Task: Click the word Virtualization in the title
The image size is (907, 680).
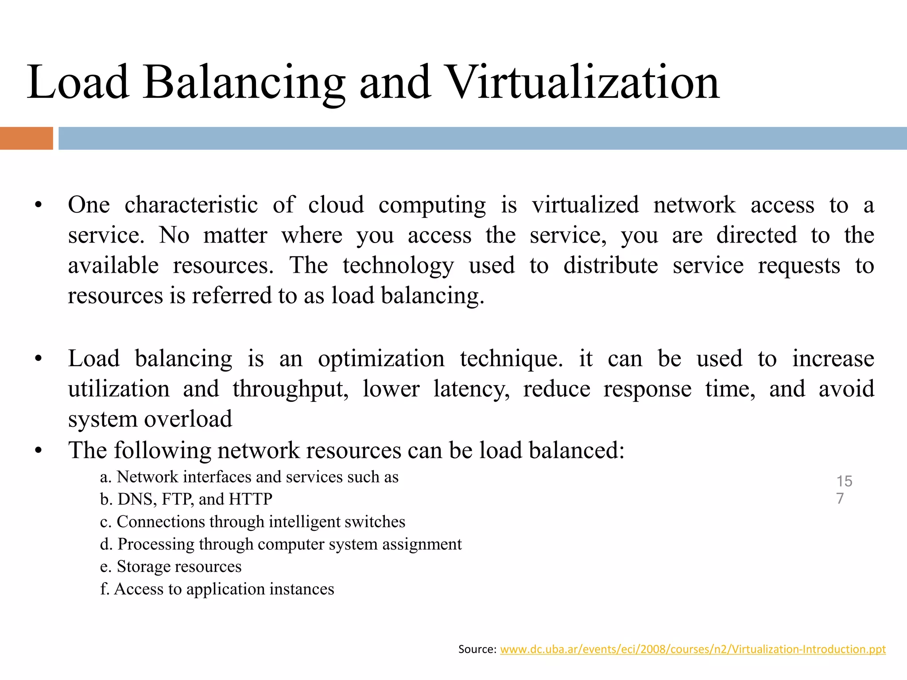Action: click(x=583, y=83)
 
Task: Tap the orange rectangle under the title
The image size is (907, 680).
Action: click(x=26, y=138)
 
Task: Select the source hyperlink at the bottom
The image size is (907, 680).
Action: click(x=693, y=649)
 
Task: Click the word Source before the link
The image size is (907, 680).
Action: click(x=477, y=649)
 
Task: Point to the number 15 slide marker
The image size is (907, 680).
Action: click(x=844, y=481)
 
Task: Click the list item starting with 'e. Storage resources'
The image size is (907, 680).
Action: click(x=171, y=567)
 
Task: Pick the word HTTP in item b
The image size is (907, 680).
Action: click(x=250, y=499)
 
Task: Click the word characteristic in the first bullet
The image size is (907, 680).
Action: click(x=191, y=205)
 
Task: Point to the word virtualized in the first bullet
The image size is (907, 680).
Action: click(x=585, y=205)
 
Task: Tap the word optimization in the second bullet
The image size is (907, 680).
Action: click(x=381, y=359)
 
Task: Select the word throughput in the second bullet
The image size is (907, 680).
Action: click(x=290, y=389)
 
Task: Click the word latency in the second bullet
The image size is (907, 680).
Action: click(x=471, y=389)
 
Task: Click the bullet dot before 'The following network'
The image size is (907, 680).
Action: click(x=39, y=451)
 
